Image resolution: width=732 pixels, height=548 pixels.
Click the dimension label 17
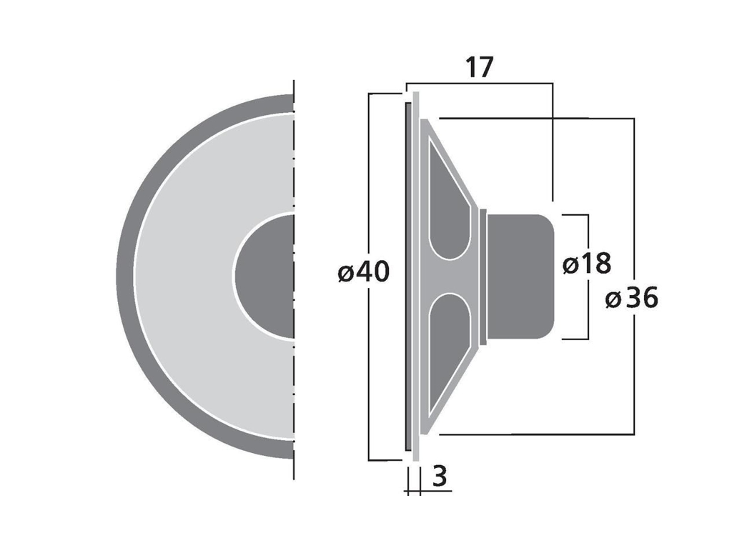coord(480,68)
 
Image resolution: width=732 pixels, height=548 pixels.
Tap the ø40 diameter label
coord(364,272)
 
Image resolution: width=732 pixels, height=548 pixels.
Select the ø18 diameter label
coord(587,264)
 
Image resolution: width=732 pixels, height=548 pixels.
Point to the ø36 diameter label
coord(632,298)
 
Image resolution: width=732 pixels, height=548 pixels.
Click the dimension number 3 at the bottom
coord(440,476)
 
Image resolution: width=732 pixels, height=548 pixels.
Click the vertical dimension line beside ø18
coord(588,314)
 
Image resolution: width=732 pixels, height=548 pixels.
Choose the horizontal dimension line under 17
coord(480,84)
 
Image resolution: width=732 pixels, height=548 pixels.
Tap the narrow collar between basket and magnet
coord(483,276)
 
